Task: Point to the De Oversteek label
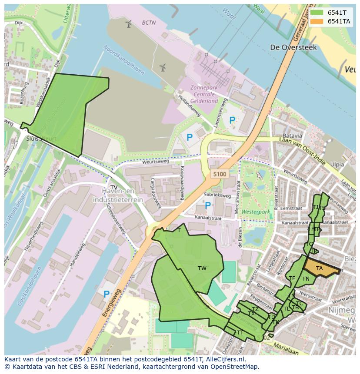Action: pyautogui.click(x=293, y=47)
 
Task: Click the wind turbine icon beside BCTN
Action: pyautogui.click(x=128, y=24)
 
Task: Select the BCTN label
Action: pyautogui.click(x=149, y=23)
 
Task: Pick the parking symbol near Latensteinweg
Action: pyautogui.click(x=232, y=120)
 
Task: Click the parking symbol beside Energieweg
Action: pyautogui.click(x=107, y=294)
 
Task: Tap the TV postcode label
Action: pyautogui.click(x=114, y=188)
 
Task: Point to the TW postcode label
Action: pyautogui.click(x=202, y=268)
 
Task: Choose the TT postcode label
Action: pyautogui.click(x=240, y=333)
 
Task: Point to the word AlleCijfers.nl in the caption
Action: pyautogui.click(x=224, y=360)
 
